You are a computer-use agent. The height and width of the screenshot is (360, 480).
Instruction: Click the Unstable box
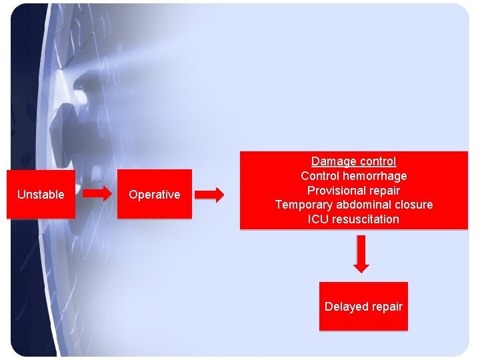[41, 195]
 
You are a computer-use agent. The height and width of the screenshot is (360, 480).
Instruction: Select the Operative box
[155, 194]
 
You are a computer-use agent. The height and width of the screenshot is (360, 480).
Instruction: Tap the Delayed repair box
[363, 306]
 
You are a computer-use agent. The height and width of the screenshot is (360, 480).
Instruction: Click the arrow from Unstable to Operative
[97, 193]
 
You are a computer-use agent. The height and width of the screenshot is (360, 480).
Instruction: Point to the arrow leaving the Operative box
[209, 195]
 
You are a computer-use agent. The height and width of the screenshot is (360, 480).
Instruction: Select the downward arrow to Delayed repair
[361, 254]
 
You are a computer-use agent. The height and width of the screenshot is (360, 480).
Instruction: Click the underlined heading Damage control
[354, 161]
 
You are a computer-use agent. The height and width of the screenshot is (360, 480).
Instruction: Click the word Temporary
[304, 205]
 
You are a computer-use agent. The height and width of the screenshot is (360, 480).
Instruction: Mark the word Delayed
[342, 307]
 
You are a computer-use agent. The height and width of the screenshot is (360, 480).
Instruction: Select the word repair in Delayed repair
[383, 307]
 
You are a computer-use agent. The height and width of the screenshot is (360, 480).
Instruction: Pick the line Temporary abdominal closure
[354, 205]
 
